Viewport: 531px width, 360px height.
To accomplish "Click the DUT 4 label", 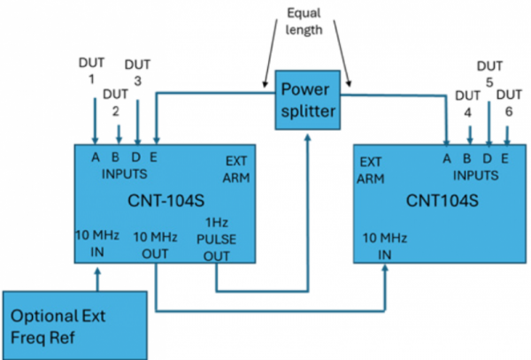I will pyautogui.click(x=468, y=103).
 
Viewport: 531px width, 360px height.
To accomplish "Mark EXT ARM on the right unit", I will pyautogui.click(x=371, y=172).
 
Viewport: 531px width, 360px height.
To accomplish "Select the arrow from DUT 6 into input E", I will pyautogui.click(x=506, y=134).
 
